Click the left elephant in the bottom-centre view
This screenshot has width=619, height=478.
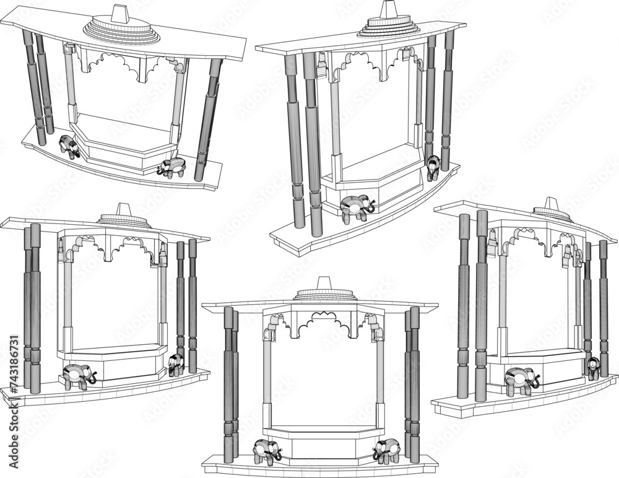tap(267, 450)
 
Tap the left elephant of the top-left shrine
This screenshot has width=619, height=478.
tap(69, 147)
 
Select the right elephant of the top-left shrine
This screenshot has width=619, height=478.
tap(171, 167)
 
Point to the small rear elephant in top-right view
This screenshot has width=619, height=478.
tap(433, 167)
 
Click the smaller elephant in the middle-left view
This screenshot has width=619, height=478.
tap(176, 365)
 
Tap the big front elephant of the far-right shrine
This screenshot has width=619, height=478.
tap(521, 380)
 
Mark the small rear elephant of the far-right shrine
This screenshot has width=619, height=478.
tap(594, 368)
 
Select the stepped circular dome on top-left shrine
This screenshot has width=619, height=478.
tap(117, 29)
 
